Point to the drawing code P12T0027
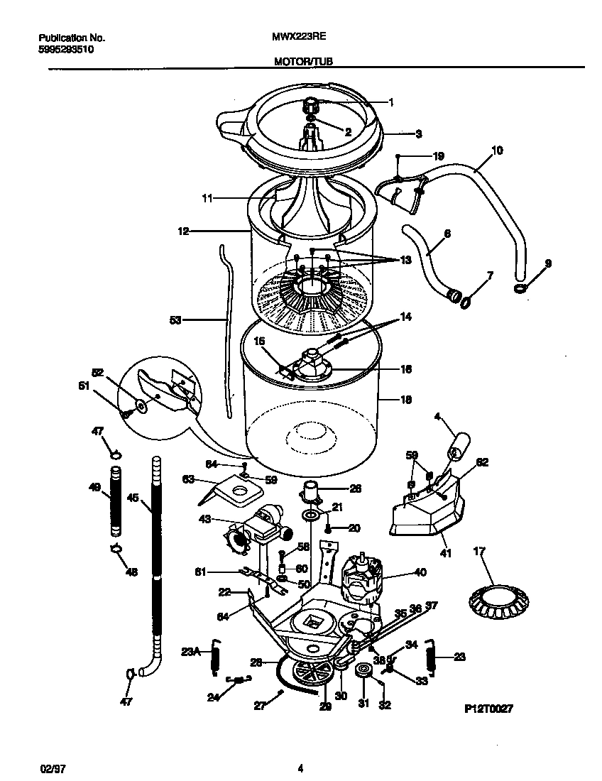click(488, 709)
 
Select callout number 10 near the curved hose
click(496, 150)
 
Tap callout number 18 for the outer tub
click(406, 400)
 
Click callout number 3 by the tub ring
click(418, 133)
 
